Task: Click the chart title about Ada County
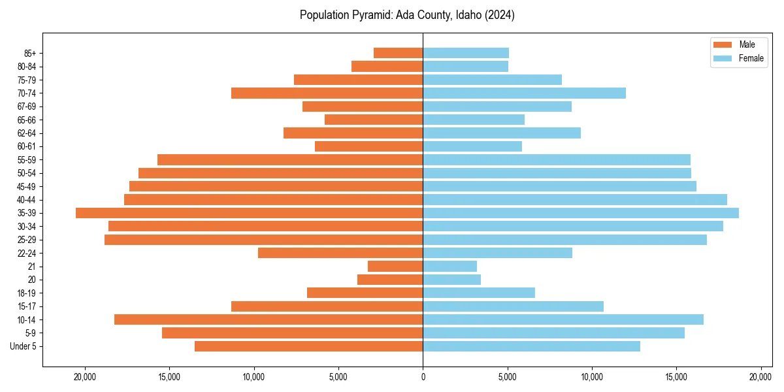407,15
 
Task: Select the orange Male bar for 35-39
249,213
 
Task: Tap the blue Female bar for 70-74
524,93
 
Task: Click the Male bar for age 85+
398,53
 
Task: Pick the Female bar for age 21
449,266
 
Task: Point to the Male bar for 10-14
269,319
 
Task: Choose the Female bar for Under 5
531,346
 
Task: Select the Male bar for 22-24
340,253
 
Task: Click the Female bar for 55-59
557,159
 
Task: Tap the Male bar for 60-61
368,146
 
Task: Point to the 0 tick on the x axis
423,377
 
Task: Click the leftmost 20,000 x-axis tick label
85,377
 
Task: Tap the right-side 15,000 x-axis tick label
676,377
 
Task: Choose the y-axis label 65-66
27,120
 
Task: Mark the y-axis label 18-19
27,293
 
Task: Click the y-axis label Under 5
24,346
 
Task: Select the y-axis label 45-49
27,186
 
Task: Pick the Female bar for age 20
451,280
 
